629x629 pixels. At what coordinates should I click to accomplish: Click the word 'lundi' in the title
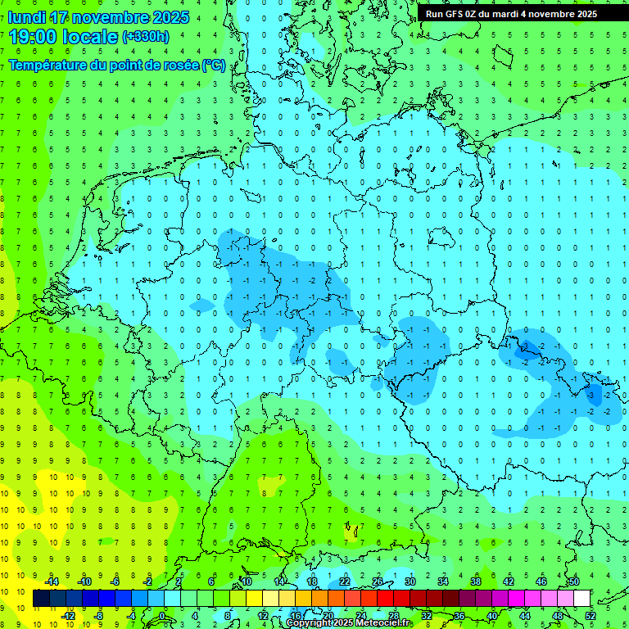click(x=26, y=17)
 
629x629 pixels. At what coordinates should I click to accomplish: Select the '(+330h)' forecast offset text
click(x=146, y=37)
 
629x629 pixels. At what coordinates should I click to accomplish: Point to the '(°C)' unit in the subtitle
click(x=214, y=65)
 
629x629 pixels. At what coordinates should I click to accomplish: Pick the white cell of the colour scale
click(x=582, y=599)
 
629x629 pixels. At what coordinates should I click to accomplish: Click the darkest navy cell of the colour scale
click(x=41, y=599)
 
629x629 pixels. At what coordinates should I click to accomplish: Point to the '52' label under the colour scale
click(x=591, y=616)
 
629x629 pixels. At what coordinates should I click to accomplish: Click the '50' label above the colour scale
click(x=574, y=581)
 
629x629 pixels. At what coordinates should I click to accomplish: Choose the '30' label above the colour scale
click(x=410, y=581)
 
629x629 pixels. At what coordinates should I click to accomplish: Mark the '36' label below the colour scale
click(x=459, y=616)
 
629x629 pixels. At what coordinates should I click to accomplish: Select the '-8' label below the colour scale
click(x=99, y=616)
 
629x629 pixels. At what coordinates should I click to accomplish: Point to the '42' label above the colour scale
click(x=509, y=581)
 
